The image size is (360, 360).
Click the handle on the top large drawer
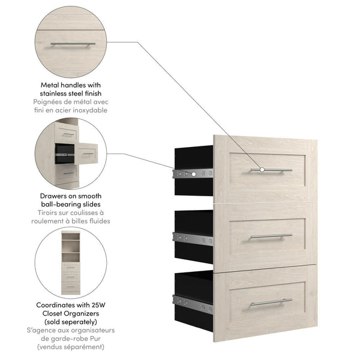271,170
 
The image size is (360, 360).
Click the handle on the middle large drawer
271,236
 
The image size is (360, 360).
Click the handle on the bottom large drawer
271,302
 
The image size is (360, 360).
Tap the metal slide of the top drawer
192,174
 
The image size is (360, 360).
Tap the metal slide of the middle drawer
192,238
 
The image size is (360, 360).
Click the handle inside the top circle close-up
71,44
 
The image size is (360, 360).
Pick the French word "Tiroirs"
46,213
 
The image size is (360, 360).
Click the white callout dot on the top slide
194,174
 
